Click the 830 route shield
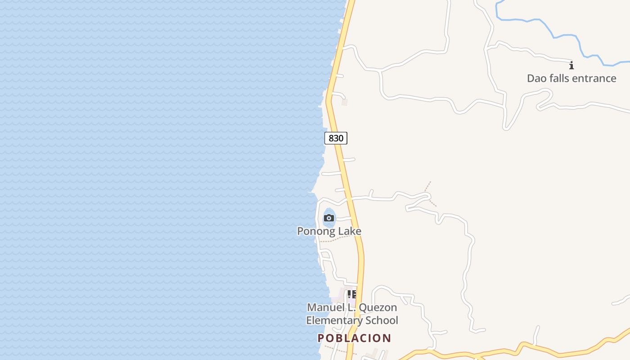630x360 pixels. pyautogui.click(x=336, y=138)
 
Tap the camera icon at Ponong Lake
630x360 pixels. pyautogui.click(x=329, y=218)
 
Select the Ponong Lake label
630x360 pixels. pyautogui.click(x=329, y=231)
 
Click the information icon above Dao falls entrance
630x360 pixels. pyautogui.click(x=571, y=66)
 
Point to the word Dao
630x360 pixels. pyautogui.click(x=536, y=78)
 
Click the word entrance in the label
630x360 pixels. pyautogui.click(x=593, y=78)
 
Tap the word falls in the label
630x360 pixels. pyautogui.click(x=558, y=78)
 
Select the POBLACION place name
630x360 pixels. pyautogui.click(x=354, y=338)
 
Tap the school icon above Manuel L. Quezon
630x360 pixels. pyautogui.click(x=352, y=294)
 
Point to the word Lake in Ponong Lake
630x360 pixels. pyautogui.click(x=350, y=231)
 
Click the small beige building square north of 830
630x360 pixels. pyautogui.click(x=345, y=102)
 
